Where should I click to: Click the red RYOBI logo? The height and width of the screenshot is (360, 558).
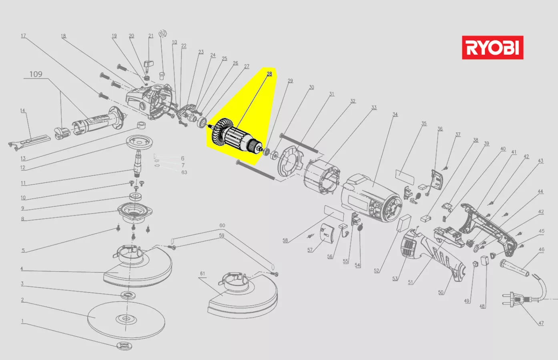tap(492, 48)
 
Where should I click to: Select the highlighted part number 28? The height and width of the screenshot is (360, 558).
tap(269, 74)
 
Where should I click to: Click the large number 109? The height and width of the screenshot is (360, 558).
tap(36, 74)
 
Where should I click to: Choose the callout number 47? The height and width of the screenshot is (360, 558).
tap(541, 323)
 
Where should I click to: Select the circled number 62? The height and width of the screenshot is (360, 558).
tap(163, 33)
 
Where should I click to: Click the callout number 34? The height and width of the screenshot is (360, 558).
tap(395, 114)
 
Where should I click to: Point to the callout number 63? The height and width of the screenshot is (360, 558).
tap(184, 172)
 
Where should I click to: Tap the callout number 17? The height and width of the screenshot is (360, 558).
tap(23, 36)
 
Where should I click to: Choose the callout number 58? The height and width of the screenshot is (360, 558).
tap(285, 240)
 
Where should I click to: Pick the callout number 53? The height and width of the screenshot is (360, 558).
tap(395, 278)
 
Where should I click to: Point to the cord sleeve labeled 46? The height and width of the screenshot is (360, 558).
tap(514, 268)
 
